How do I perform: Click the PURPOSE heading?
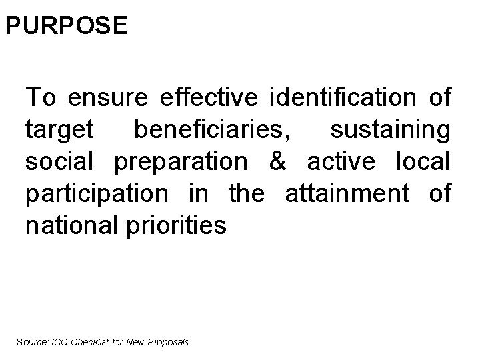[x=65, y=25]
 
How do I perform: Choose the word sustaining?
[x=391, y=131]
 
